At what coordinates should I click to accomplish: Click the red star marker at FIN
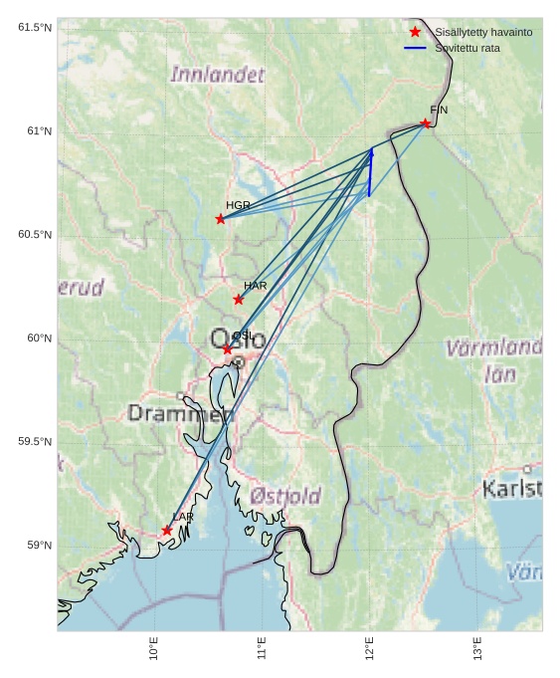(425, 123)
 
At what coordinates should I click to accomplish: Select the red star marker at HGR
(221, 219)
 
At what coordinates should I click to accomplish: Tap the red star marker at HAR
(239, 300)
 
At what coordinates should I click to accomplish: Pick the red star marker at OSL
(228, 349)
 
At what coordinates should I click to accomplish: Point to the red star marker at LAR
(167, 531)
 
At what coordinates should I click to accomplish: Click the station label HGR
(238, 205)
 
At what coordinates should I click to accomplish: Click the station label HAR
(256, 286)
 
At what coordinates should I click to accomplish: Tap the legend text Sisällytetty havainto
(483, 32)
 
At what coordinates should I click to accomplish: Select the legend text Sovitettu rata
(467, 48)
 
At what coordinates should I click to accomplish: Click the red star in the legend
(415, 32)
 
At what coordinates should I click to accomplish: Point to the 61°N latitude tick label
(39, 130)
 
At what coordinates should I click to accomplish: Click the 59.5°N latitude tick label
(35, 441)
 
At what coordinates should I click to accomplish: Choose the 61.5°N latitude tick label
(35, 27)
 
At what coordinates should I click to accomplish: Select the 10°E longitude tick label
(154, 649)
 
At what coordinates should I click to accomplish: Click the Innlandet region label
(218, 75)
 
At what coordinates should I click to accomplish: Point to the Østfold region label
(285, 496)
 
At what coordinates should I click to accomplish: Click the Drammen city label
(179, 413)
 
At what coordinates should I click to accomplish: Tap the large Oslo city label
(238, 339)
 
